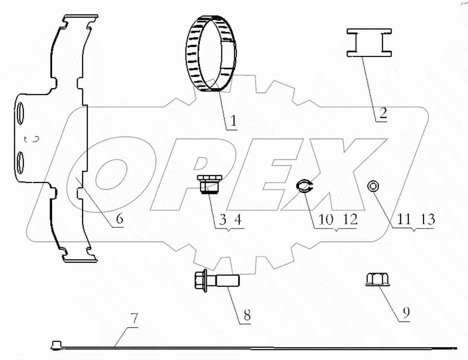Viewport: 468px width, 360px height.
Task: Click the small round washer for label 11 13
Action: tap(373, 185)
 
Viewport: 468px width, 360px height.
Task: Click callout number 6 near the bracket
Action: tap(120, 218)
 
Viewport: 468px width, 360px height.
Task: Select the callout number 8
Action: tap(246, 315)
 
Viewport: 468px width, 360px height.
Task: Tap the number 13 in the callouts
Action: tap(427, 219)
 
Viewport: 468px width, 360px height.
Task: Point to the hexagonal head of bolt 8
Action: tap(200, 282)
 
